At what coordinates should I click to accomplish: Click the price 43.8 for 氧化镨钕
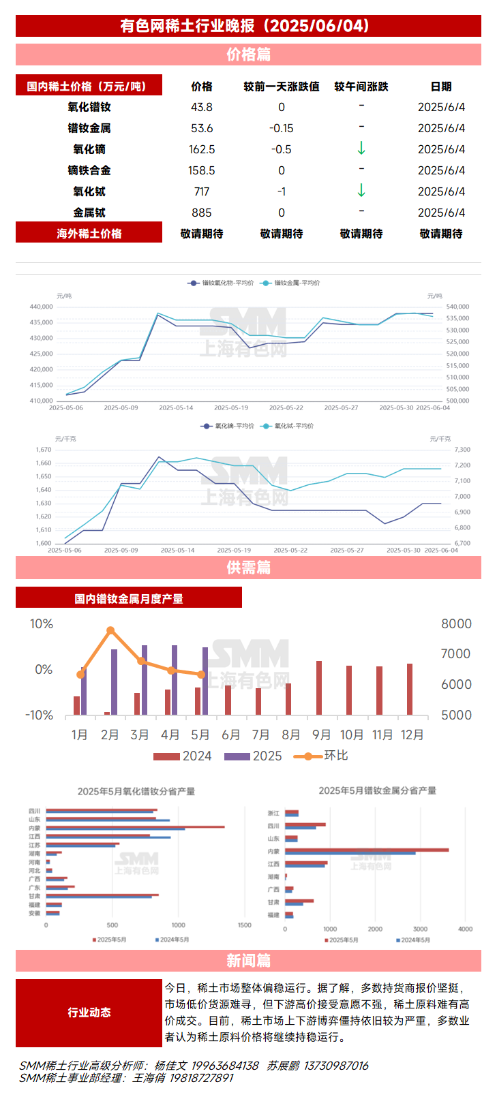[202, 107]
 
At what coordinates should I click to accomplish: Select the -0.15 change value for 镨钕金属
[281, 128]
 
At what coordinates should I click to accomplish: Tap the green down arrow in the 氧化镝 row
[361, 149]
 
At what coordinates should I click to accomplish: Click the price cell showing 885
[202, 213]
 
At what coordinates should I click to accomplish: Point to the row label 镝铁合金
[89, 170]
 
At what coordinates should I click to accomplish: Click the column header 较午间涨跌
[361, 87]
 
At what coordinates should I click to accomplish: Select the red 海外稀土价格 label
[89, 233]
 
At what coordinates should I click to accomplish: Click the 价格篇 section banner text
[248, 55]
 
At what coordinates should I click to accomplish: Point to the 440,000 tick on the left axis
[41, 307]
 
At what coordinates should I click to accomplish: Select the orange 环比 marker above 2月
[110, 631]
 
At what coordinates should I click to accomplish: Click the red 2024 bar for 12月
[410, 688]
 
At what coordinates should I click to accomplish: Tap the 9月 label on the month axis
[321, 735]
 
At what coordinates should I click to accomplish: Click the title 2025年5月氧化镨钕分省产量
[136, 791]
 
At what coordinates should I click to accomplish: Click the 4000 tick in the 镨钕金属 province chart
[465, 929]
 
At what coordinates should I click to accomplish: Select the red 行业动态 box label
[89, 1013]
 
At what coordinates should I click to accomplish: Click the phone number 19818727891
[202, 1078]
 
